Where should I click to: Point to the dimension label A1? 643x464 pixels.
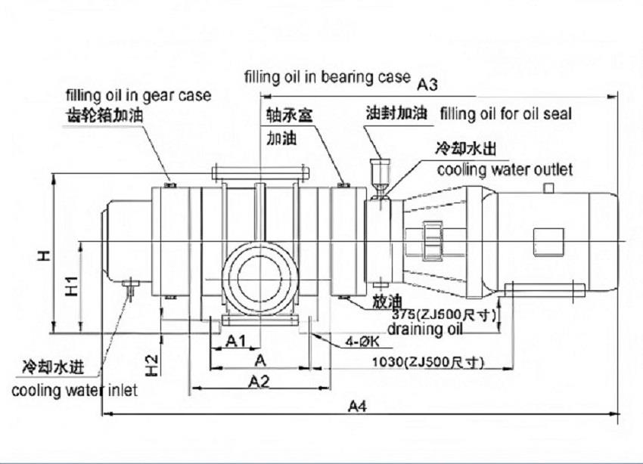(237, 342)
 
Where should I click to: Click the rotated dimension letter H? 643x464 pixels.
(44, 257)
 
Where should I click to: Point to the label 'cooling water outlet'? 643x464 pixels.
(505, 169)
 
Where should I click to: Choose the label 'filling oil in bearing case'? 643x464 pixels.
(327, 77)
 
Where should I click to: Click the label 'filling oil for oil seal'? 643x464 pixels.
(505, 114)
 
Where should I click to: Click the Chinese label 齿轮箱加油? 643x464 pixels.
(104, 115)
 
